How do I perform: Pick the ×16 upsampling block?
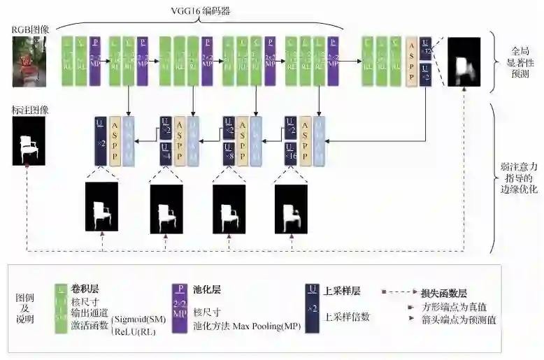click(289, 154)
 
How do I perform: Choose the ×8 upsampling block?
click(228, 154)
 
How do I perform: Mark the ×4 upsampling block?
click(166, 154)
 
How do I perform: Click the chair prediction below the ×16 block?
click(291, 207)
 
